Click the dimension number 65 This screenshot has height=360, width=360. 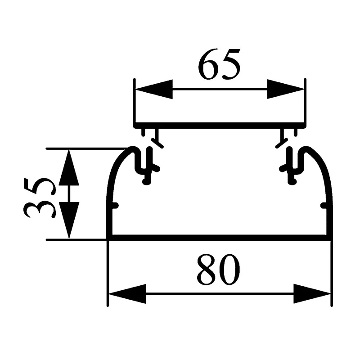click(x=219, y=64)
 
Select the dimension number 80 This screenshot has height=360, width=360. click(x=218, y=270)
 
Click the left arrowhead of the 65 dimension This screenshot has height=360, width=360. click(x=154, y=89)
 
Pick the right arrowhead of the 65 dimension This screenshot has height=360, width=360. click(x=286, y=89)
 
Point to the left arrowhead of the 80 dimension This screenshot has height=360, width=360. click(x=127, y=294)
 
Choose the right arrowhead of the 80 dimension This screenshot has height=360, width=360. click(x=312, y=294)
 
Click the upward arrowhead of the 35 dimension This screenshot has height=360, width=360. click(x=69, y=167)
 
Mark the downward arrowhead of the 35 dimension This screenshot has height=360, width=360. click(x=69, y=220)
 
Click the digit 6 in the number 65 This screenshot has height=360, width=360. click(x=208, y=64)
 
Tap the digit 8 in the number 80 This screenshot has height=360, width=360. click(x=207, y=270)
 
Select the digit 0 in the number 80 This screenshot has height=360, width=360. click(x=230, y=270)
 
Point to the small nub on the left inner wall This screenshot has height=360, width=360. click(x=115, y=205)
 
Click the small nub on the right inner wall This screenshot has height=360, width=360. click(x=324, y=205)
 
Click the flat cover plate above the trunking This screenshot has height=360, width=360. click(x=220, y=126)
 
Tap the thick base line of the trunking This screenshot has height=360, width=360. click(x=219, y=238)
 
